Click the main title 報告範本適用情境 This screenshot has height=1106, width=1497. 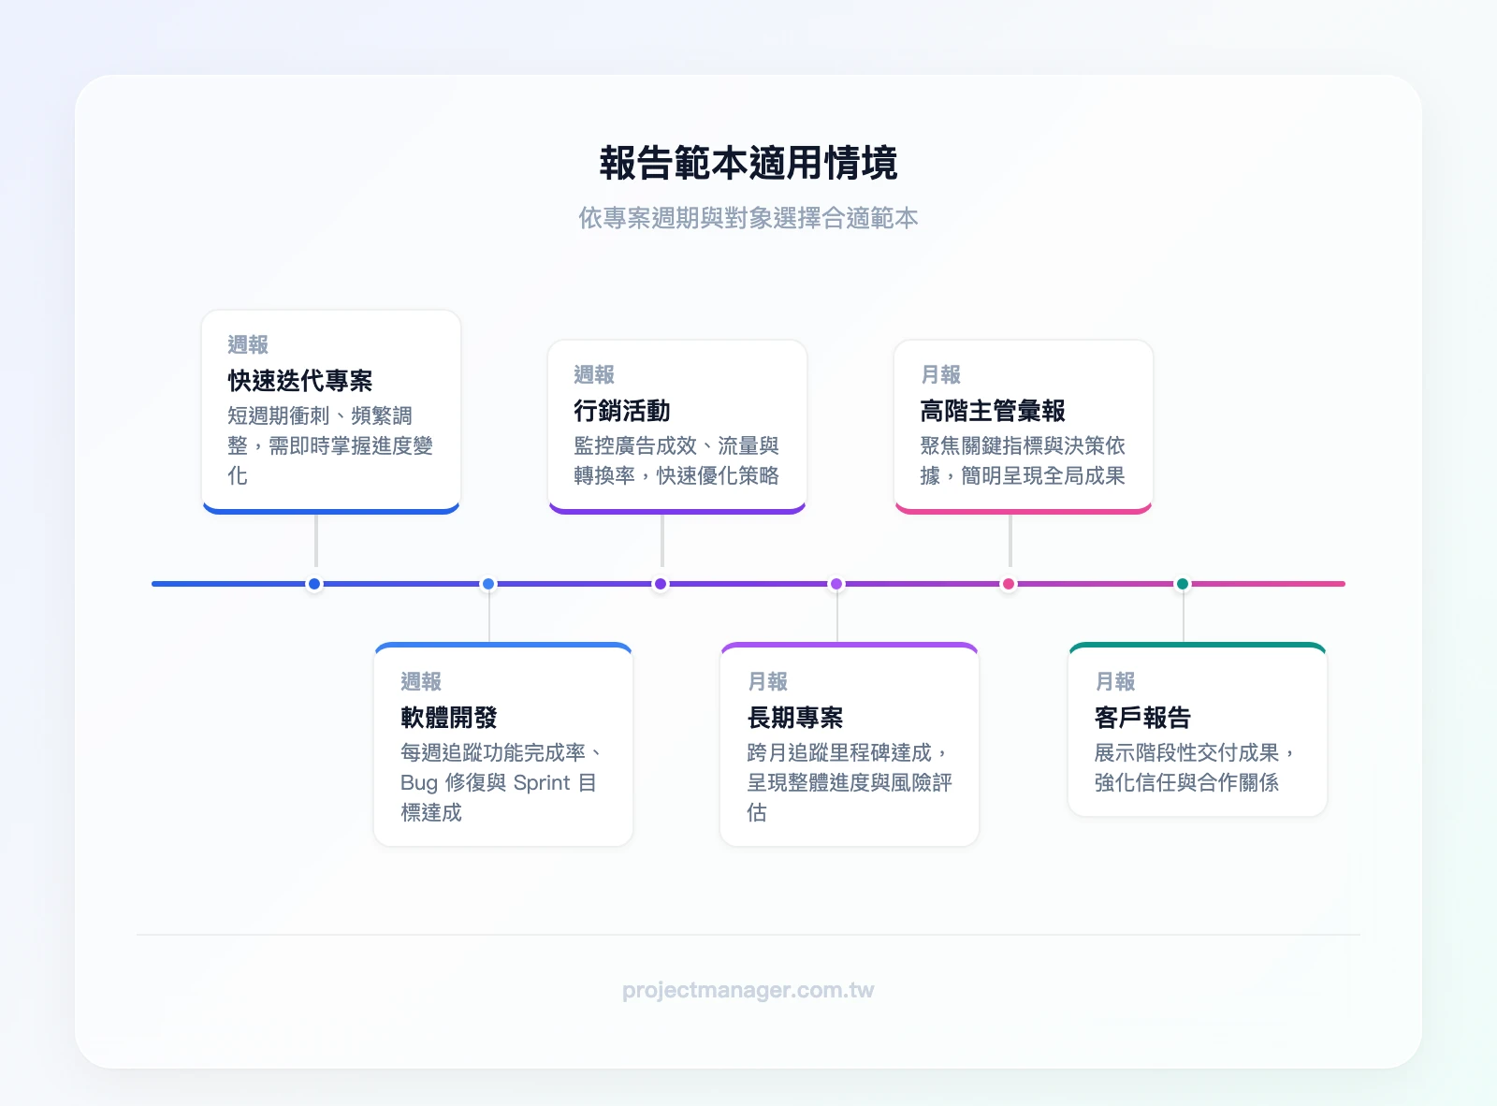coord(748,163)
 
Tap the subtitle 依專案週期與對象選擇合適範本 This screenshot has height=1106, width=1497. coord(748,218)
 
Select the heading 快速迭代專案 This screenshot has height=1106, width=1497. coord(300,381)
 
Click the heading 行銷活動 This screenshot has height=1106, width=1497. coord(622,411)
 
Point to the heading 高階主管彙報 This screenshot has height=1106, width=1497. coord(993,411)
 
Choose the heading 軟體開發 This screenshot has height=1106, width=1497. coord(449,717)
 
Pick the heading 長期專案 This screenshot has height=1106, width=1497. coord(795,717)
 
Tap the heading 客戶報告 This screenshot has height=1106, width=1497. coord(1142,717)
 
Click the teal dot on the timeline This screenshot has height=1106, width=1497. coord(1183,584)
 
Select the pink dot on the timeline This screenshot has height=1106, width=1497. coord(1009,584)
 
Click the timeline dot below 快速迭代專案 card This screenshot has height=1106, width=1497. coord(314,584)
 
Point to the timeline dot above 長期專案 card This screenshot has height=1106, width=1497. coord(836,584)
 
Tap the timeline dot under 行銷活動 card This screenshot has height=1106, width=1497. coord(661,584)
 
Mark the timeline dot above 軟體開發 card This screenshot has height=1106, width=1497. coord(488,584)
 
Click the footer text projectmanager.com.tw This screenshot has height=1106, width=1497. coord(748,990)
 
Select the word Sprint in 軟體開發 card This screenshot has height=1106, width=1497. coord(542,782)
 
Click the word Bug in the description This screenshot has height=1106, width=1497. coord(419,782)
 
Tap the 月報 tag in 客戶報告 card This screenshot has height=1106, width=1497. coord(1115,681)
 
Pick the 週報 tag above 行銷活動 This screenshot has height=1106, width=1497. coord(594,374)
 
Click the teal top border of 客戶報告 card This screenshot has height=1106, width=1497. coord(1198,645)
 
